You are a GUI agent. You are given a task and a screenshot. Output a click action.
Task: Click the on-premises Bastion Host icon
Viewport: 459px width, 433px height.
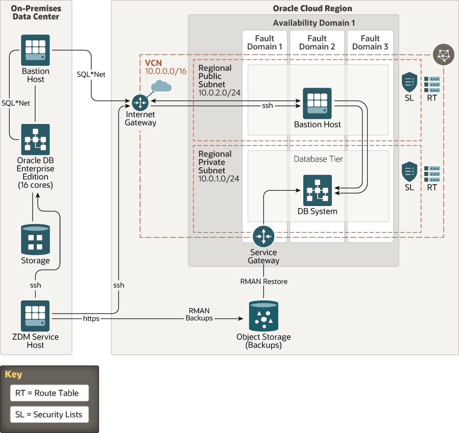click(35, 49)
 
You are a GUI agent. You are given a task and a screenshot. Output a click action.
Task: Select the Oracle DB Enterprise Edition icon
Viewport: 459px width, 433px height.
click(35, 139)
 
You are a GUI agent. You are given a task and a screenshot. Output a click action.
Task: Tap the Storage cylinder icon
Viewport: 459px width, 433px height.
click(35, 239)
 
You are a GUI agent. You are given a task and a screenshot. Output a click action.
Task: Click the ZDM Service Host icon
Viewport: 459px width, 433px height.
click(35, 316)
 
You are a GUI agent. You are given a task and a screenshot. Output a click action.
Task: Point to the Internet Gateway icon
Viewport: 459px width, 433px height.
click(139, 103)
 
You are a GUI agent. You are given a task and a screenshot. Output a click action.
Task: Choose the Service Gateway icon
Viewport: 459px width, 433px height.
click(263, 236)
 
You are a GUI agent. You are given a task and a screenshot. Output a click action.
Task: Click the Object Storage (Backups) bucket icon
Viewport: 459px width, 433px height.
click(263, 316)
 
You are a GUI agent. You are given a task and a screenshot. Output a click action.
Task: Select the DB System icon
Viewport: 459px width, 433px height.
click(317, 190)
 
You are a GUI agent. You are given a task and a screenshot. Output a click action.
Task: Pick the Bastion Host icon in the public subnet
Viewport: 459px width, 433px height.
click(317, 103)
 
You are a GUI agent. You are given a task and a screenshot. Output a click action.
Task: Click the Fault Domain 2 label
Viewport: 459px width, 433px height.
click(317, 42)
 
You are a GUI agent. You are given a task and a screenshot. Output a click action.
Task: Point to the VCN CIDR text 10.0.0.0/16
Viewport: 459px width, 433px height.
click(166, 71)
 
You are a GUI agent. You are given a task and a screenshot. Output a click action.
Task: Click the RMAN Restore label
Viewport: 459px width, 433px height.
click(264, 282)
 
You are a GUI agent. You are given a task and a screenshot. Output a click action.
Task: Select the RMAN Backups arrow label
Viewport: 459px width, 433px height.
click(199, 314)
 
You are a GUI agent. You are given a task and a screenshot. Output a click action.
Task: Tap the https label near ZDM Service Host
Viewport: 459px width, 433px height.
click(91, 318)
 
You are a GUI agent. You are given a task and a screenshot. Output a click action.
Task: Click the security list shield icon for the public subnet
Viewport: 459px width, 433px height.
click(409, 82)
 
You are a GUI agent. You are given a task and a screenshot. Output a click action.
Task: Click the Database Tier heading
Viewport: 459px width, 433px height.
click(318, 159)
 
